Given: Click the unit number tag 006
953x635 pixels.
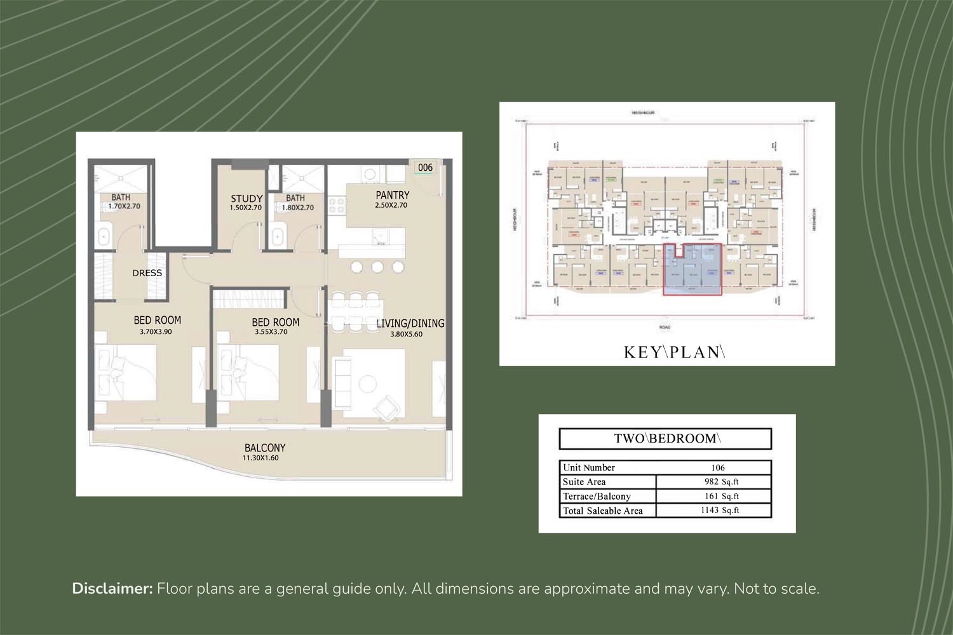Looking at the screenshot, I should (x=425, y=168).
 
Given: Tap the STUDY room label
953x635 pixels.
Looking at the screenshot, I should (x=247, y=199).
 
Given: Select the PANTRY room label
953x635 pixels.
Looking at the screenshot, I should (x=392, y=195).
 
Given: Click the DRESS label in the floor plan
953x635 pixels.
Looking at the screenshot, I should (x=147, y=273).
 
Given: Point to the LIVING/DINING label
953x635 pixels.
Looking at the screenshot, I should (x=410, y=323).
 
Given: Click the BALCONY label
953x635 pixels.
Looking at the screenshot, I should (x=265, y=448).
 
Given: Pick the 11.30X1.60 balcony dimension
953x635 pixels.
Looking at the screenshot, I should (x=260, y=458).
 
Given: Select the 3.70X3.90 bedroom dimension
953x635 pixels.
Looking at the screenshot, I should (x=156, y=331).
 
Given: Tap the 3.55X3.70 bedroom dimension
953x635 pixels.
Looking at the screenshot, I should (x=271, y=331).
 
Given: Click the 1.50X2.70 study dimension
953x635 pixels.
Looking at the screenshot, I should (x=245, y=208).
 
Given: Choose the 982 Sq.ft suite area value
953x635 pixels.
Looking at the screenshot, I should (x=721, y=482).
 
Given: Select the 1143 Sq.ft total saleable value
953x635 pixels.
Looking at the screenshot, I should (x=720, y=511).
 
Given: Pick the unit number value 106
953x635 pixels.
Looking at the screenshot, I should (x=718, y=467).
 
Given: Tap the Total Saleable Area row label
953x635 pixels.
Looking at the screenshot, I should (x=603, y=511).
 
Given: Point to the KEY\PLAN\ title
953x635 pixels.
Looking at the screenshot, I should (x=674, y=352).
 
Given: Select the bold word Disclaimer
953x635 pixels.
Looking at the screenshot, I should (x=112, y=589).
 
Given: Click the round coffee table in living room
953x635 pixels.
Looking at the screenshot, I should (x=367, y=384).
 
